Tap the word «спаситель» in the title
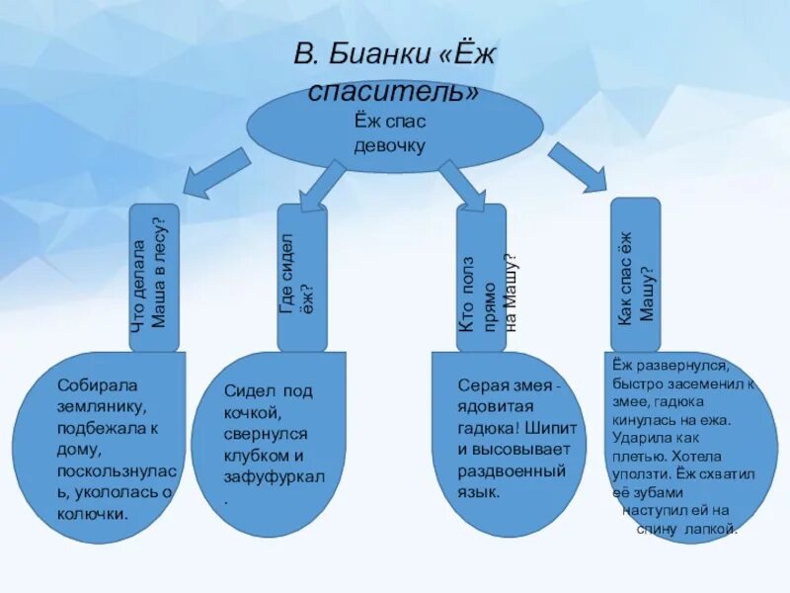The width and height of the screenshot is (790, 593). [x=394, y=93]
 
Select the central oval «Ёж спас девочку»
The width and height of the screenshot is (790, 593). [x=394, y=132]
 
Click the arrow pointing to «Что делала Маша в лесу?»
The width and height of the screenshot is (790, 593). [x=213, y=174]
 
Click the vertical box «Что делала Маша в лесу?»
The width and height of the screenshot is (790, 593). [x=155, y=277]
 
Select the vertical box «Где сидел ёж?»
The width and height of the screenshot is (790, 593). [x=301, y=278]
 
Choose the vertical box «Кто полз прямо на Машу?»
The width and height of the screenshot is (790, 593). [x=483, y=278]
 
